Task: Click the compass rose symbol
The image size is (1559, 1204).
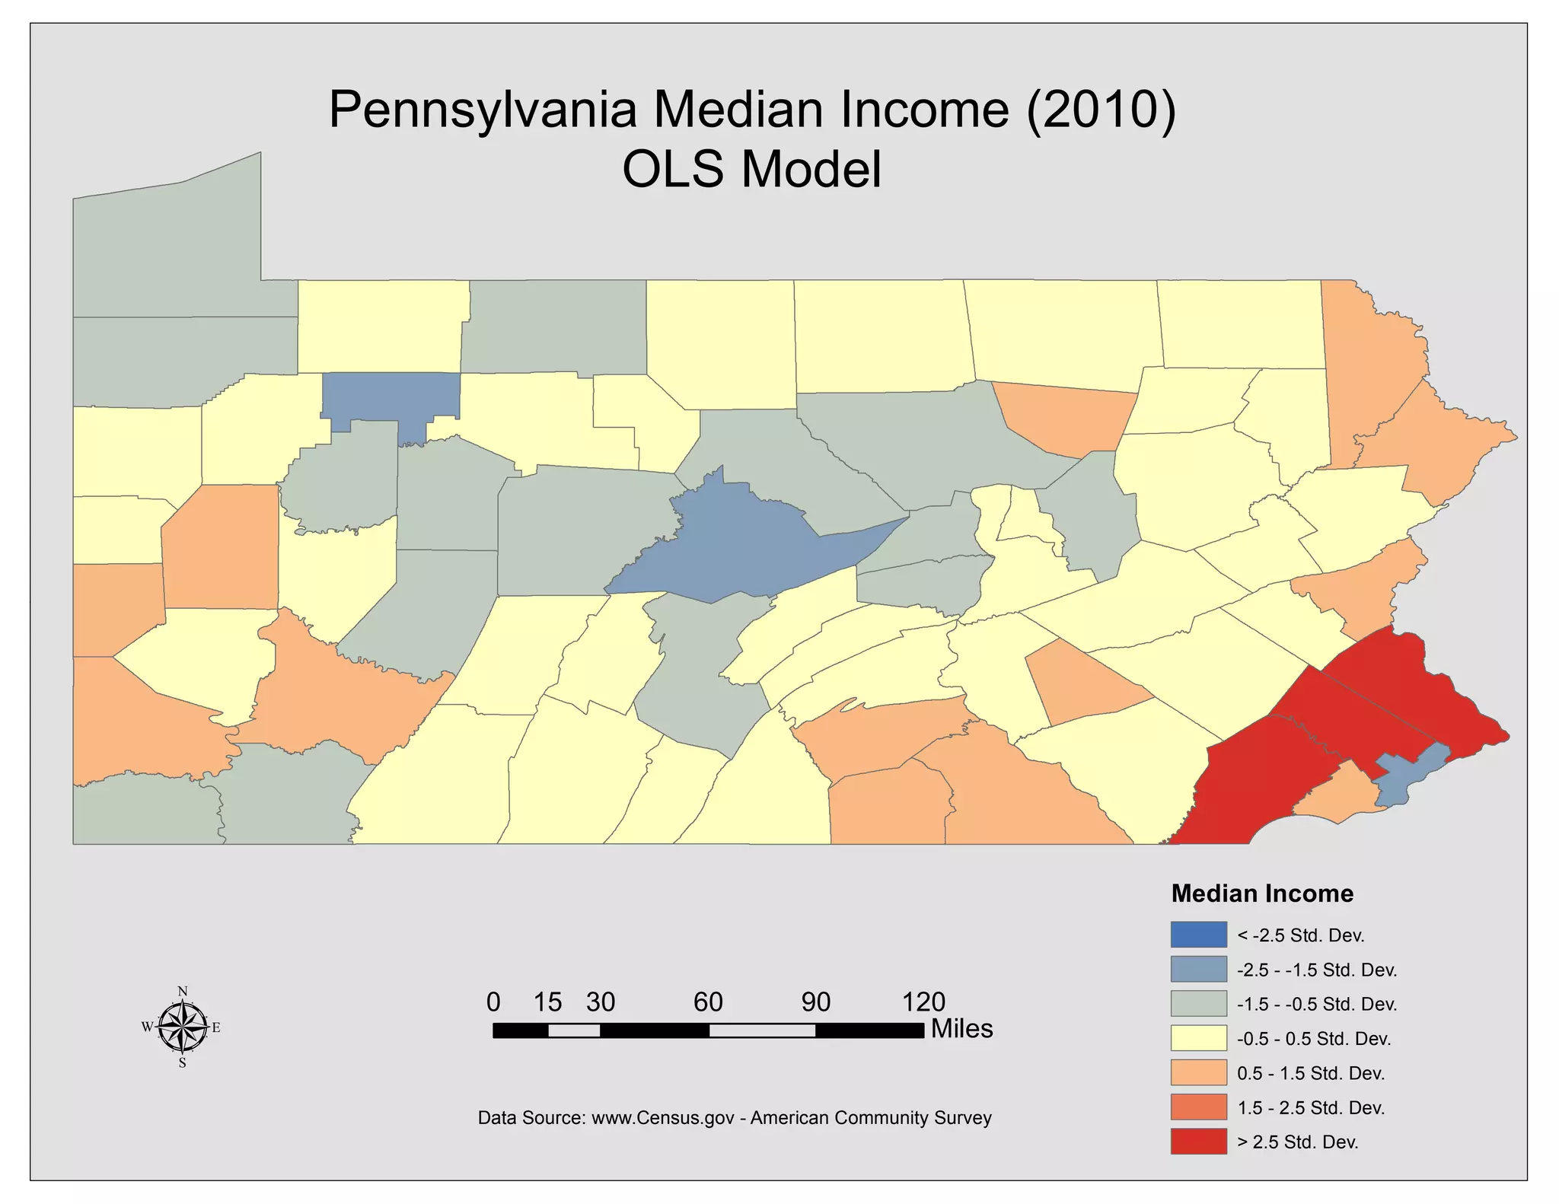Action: pyautogui.click(x=183, y=1027)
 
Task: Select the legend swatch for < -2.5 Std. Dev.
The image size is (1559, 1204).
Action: pyautogui.click(x=1198, y=935)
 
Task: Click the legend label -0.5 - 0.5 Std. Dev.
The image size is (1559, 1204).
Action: pyautogui.click(x=1314, y=1039)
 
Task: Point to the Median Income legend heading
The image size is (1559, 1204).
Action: pyautogui.click(x=1262, y=893)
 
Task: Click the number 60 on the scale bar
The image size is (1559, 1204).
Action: pyautogui.click(x=708, y=1002)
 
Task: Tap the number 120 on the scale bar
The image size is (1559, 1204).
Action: pyautogui.click(x=923, y=1002)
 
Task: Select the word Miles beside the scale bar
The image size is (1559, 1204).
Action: pyautogui.click(x=961, y=1029)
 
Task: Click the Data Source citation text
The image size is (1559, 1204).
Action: pyautogui.click(x=735, y=1118)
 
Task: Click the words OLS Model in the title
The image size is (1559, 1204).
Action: pyautogui.click(x=751, y=169)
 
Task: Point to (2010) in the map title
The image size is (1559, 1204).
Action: pyautogui.click(x=1101, y=110)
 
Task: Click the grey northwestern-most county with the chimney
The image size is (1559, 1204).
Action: pyautogui.click(x=175, y=251)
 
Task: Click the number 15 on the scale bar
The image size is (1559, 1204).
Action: pyautogui.click(x=547, y=1002)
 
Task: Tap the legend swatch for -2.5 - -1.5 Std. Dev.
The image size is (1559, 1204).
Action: pyautogui.click(x=1198, y=969)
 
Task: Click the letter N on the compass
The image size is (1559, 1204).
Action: pyautogui.click(x=183, y=991)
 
